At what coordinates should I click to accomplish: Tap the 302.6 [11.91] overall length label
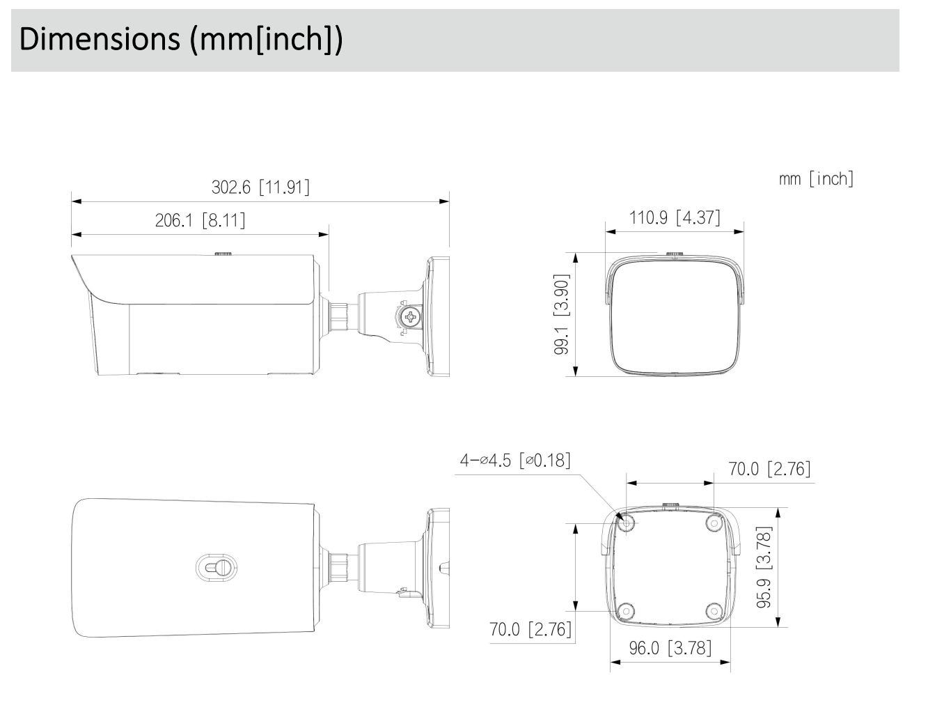tap(260, 187)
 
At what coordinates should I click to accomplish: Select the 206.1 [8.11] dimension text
tap(200, 221)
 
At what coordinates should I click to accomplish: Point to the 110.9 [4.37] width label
tap(675, 217)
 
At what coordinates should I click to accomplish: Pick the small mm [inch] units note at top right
tap(816, 178)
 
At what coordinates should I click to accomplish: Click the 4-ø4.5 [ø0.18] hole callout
tap(514, 461)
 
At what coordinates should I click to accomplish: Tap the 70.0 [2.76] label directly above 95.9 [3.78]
tap(769, 469)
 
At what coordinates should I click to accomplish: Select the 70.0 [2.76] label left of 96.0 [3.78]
tap(530, 629)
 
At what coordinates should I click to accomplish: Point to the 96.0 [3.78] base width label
tap(670, 648)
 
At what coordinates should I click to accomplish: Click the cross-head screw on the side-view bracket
tap(411, 317)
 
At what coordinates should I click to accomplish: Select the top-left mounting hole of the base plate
tap(627, 523)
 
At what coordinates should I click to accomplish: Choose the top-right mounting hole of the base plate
tap(713, 523)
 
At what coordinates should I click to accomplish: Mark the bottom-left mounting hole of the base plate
tap(627, 610)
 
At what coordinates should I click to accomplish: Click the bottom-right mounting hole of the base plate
tap(713, 610)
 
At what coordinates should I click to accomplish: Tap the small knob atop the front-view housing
tap(674, 255)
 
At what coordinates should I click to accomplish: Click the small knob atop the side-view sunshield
tap(223, 254)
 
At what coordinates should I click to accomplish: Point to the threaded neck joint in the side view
tap(340, 315)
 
